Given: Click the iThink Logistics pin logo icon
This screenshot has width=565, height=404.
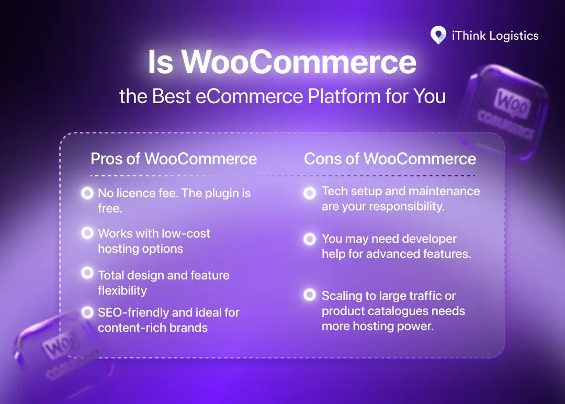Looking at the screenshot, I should point(438,36).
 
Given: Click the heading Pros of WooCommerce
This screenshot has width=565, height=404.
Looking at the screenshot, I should point(174,159).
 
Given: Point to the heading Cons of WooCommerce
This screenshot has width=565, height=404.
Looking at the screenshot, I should point(390,159).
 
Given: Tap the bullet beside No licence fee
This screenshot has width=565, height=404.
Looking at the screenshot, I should point(87,194).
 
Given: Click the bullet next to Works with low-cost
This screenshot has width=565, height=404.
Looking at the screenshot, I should point(87,233).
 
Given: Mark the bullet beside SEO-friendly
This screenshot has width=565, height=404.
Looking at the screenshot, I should point(87,312).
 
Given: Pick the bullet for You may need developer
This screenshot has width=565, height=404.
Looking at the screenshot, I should point(310,239).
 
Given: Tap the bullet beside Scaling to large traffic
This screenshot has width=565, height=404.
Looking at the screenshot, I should point(310,295).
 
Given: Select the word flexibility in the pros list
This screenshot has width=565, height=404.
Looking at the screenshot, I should point(122,290).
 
